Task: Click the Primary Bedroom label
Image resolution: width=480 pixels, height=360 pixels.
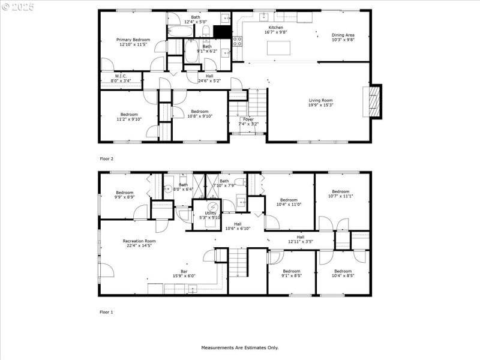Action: coord(133,40)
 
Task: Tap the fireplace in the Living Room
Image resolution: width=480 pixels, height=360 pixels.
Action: coord(374,103)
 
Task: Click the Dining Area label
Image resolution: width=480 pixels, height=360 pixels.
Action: coord(343,35)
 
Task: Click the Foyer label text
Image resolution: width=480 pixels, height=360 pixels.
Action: coord(248,119)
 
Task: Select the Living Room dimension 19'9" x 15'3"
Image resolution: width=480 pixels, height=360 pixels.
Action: coord(320,105)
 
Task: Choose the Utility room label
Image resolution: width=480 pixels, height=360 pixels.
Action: coord(211,213)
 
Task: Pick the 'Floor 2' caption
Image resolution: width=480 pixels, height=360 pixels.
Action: coord(106,159)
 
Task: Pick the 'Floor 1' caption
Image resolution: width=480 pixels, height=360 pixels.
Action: coord(106,312)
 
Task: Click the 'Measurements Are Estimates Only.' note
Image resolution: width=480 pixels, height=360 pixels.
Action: coord(240,347)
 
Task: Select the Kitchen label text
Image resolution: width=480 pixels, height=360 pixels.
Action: coord(275,28)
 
